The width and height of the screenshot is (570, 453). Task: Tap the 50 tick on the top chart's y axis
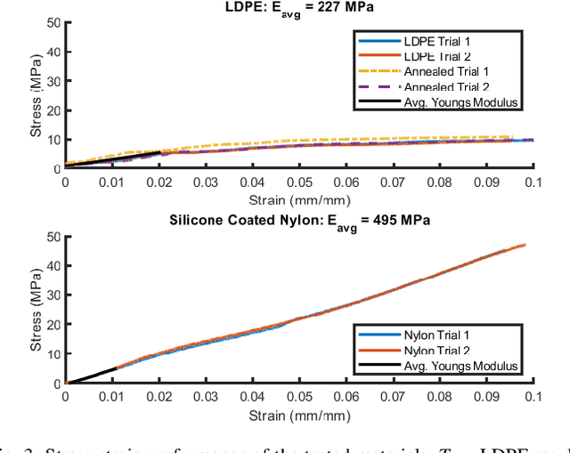click(53, 22)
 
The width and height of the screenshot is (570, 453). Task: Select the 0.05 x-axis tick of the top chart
click(299, 182)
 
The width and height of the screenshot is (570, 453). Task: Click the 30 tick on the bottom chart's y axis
click(53, 295)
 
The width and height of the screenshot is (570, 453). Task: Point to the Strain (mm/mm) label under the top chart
click(299, 198)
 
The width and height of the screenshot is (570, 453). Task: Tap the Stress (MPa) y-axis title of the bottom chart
click(36, 310)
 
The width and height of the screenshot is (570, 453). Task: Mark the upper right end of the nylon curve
click(525, 244)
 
